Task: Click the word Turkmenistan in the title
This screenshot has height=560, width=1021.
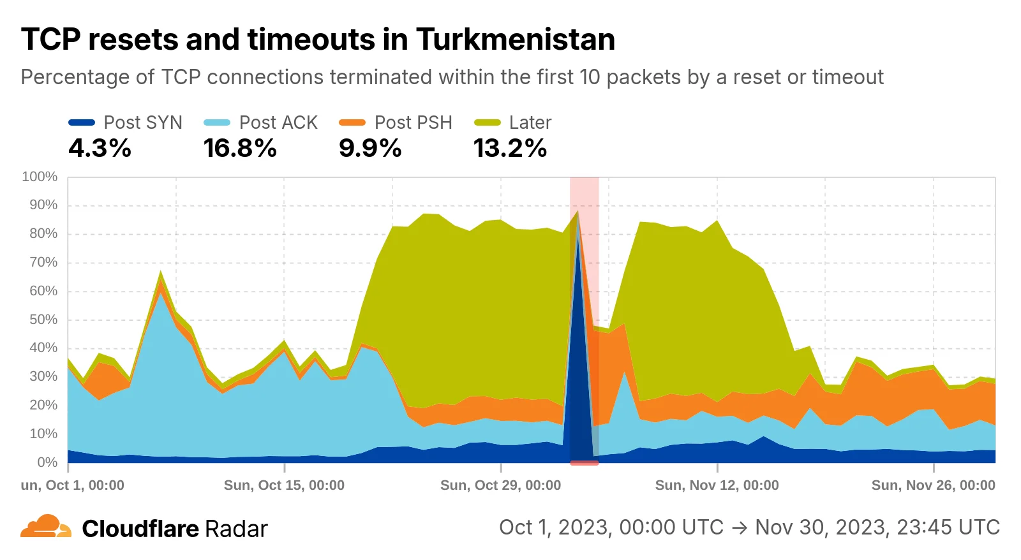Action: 515,40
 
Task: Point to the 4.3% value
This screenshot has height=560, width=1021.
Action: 100,149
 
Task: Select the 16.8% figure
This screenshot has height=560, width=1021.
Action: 240,149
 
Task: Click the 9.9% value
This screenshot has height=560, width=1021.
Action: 370,149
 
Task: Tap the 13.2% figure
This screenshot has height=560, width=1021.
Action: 510,149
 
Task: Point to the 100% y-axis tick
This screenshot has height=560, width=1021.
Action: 40,177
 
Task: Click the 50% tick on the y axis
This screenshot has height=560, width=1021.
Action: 43,320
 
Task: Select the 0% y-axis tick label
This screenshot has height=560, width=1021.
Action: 47,462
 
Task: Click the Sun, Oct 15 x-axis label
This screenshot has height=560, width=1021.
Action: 284,485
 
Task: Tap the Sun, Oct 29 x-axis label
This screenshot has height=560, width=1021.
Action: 500,485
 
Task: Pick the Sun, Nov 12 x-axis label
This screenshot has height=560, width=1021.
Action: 717,485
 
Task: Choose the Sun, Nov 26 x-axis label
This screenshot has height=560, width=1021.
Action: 933,485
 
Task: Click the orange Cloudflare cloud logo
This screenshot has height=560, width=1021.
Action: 46,527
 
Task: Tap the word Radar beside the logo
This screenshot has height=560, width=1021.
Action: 236,529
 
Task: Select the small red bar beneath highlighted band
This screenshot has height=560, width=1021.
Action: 584,463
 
